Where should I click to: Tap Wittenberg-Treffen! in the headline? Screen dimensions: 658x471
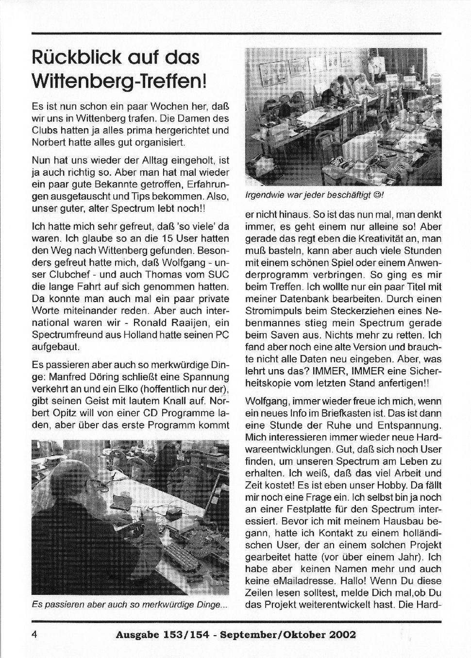[119, 81]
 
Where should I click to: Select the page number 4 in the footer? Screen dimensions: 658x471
[34, 634]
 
